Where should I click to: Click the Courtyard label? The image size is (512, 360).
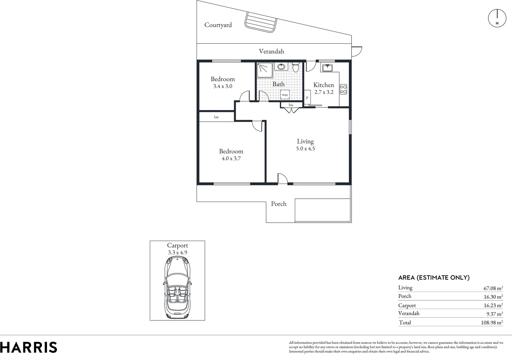(x=218, y=25)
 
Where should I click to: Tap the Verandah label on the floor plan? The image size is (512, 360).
(x=272, y=51)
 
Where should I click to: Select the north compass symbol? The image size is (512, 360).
(x=497, y=18)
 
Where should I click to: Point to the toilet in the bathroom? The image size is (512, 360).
(x=296, y=67)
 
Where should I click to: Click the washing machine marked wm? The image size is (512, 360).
(x=285, y=95)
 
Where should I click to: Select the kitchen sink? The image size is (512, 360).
(x=327, y=68)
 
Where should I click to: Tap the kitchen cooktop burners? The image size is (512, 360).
(x=343, y=89)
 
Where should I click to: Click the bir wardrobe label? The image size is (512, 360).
(x=216, y=117)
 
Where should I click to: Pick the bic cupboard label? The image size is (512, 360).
(x=291, y=105)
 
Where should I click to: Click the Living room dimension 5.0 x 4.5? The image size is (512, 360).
(x=305, y=149)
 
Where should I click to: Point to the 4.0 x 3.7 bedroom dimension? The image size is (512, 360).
(x=231, y=159)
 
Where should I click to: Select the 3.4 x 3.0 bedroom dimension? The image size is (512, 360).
(x=222, y=86)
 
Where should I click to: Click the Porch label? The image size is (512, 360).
(x=279, y=204)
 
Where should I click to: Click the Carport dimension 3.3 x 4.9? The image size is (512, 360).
(x=177, y=253)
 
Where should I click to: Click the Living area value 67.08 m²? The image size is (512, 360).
(x=493, y=288)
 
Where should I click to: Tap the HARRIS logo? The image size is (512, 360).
(x=29, y=347)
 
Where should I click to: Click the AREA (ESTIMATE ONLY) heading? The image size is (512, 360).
(x=434, y=278)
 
